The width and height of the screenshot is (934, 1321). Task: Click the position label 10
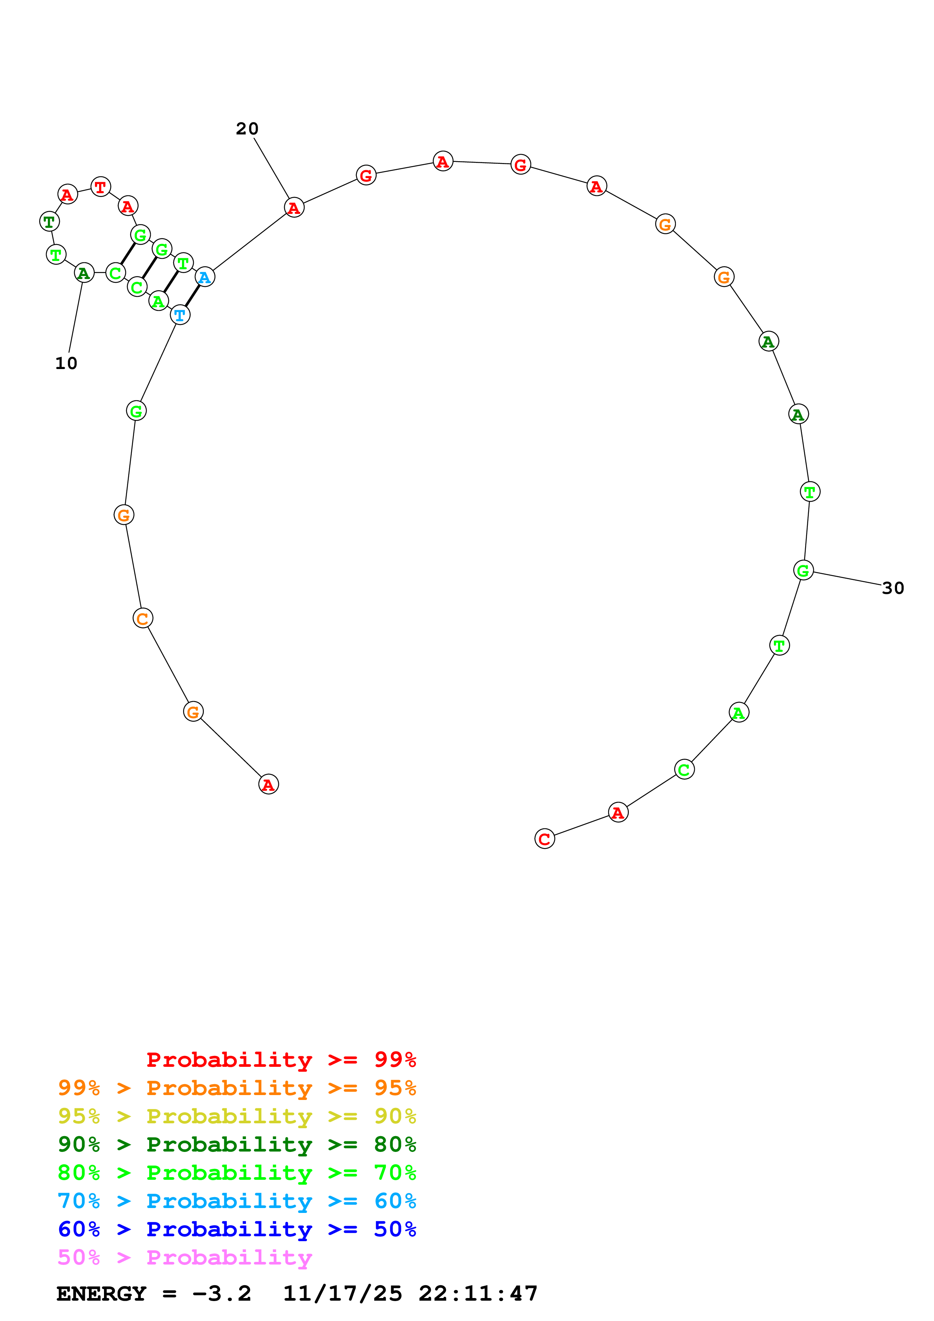(66, 363)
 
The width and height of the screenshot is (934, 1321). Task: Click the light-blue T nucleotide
(180, 315)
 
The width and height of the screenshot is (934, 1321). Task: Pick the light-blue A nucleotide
(205, 277)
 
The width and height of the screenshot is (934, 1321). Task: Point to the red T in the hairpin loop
(101, 187)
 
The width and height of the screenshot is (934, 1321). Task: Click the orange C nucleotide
(143, 618)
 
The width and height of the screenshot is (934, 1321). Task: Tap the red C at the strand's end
(544, 839)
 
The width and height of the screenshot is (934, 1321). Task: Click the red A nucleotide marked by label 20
(294, 208)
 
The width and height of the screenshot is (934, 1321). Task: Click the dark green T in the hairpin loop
(49, 221)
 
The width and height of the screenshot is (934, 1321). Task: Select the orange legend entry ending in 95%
(237, 1088)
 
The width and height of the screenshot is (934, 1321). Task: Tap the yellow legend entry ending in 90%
(237, 1116)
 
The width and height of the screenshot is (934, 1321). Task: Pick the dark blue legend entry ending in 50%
(237, 1229)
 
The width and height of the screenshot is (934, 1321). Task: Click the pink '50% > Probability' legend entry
(185, 1258)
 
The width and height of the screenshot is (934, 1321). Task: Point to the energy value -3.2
(222, 1294)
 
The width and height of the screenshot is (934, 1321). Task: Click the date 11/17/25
(342, 1294)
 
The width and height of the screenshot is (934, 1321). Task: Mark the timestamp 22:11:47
(478, 1294)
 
